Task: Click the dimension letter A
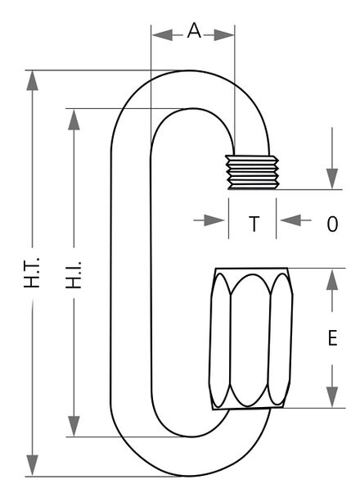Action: click(194, 31)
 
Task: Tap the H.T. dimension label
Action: click(32, 273)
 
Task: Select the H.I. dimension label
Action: click(74, 275)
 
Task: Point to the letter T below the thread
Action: click(254, 224)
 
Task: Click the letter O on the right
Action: click(332, 224)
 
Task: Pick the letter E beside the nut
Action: click(332, 338)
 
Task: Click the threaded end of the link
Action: click(252, 172)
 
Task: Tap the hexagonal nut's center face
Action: click(250, 340)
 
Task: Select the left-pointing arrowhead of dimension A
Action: click(162, 35)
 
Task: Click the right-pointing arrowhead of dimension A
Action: click(224, 35)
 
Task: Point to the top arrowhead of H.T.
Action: click(33, 80)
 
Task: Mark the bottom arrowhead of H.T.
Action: click(33, 465)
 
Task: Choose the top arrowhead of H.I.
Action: click(74, 120)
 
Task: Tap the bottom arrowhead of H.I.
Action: click(74, 426)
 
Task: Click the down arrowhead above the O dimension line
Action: click(332, 179)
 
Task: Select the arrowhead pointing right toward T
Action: click(214, 220)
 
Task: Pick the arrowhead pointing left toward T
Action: click(291, 220)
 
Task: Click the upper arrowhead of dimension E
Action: click(332, 279)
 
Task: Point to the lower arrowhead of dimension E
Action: click(332, 397)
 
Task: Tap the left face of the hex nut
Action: click(220, 340)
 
